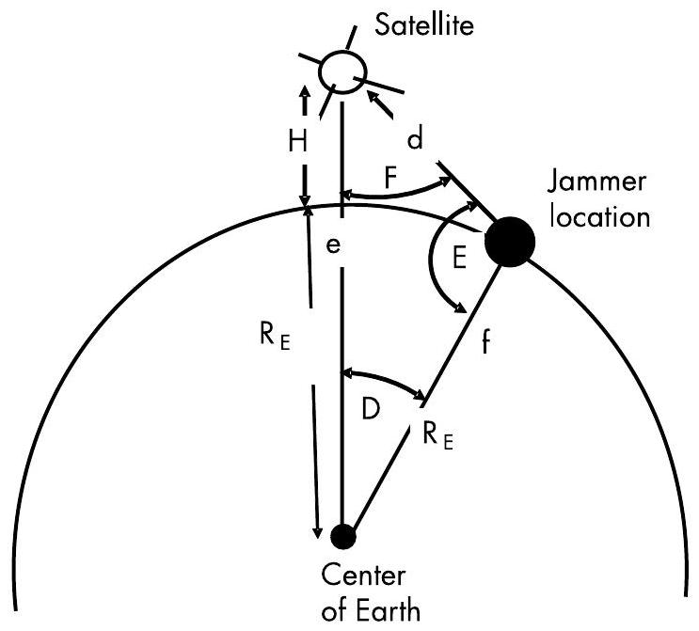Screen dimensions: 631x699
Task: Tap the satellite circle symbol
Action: click(x=341, y=72)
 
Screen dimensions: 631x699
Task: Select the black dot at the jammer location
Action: click(x=510, y=242)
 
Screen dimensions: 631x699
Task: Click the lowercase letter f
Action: click(x=485, y=342)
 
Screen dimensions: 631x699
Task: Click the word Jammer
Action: click(x=592, y=184)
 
